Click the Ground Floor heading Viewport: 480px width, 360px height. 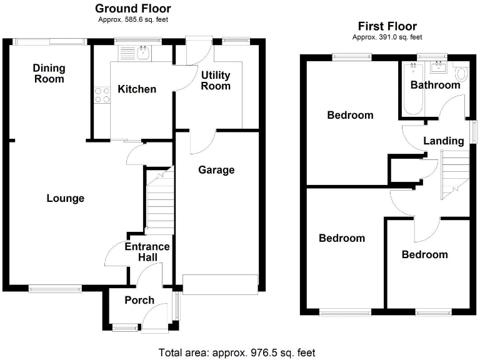point(132,9)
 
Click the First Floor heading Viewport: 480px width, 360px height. point(387,26)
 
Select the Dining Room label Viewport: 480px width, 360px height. point(49,73)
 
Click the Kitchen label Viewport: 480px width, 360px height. point(137,89)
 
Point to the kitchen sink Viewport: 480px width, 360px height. point(142,53)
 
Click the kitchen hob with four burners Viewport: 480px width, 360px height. point(101,96)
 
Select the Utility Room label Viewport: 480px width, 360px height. point(216,81)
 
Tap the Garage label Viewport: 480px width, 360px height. point(216,169)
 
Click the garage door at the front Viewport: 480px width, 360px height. point(220,284)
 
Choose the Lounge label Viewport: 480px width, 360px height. point(65,198)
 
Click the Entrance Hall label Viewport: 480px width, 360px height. point(147,251)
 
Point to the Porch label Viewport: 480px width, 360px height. point(139,300)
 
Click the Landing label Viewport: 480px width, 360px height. point(444,141)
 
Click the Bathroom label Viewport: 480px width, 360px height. point(435,84)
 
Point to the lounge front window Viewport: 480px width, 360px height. point(55,288)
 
